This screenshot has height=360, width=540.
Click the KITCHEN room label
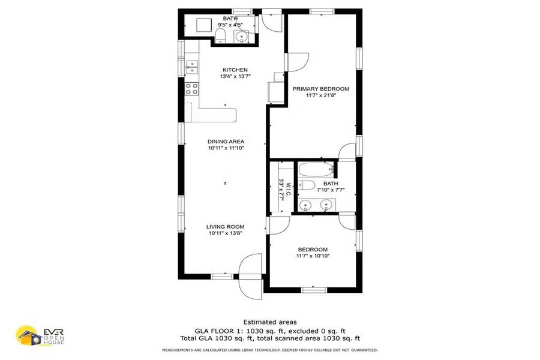point(235,70)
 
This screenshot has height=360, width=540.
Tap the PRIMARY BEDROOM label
point(321,89)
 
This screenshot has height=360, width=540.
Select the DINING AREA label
point(226,142)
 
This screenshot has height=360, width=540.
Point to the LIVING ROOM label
point(225,227)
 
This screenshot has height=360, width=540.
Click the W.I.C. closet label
point(289,190)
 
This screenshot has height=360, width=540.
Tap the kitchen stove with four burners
point(192,89)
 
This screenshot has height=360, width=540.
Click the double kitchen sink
point(192,67)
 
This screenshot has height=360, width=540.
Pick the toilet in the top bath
point(220,36)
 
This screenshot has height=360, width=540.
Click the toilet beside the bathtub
point(307,185)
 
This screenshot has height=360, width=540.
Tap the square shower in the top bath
point(203,25)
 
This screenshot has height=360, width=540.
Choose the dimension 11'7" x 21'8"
point(321,95)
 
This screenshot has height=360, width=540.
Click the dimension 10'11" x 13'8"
point(226,233)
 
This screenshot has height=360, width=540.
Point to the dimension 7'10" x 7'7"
point(331,190)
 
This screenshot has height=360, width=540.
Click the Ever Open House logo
point(40,336)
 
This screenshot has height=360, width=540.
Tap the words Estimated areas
point(270,322)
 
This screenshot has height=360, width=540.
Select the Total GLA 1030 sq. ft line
point(270,338)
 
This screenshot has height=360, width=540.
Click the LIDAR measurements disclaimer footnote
point(270,350)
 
